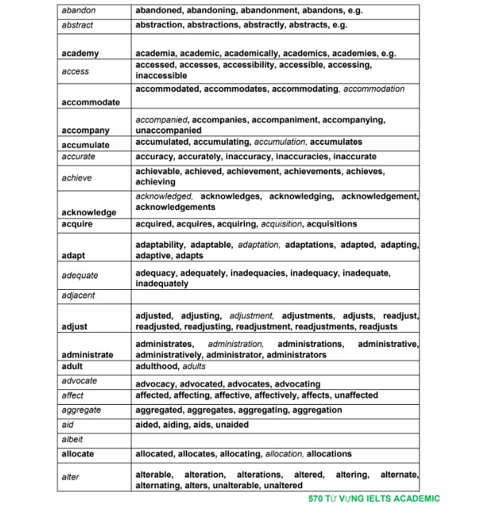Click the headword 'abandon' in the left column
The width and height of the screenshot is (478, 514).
[79, 11]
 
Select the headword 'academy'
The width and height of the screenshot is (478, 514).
[80, 54]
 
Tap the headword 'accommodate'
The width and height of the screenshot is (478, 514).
[91, 102]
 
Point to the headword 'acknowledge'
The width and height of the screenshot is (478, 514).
[89, 212]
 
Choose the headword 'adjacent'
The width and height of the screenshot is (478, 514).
[79, 295]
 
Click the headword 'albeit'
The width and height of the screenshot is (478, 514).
[73, 439]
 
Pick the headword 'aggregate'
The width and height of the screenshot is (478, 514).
[81, 410]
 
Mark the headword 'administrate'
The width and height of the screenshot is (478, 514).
[87, 355]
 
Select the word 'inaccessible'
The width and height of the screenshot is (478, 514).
[161, 76]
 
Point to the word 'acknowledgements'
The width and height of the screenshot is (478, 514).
[175, 207]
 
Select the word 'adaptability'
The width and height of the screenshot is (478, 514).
[160, 245]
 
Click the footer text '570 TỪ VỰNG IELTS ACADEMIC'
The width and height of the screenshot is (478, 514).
[374, 499]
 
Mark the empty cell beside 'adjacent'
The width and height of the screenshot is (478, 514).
[275, 295]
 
